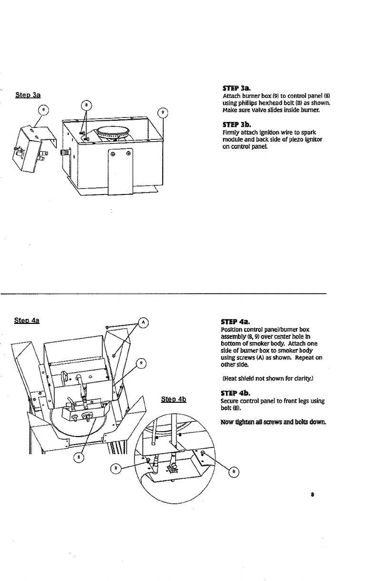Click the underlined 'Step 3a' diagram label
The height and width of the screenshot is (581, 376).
pos(29,95)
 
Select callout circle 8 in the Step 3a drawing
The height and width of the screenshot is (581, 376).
pos(43,108)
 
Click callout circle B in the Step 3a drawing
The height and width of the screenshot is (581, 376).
pos(86,105)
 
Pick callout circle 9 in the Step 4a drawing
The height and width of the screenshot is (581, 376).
pos(141,364)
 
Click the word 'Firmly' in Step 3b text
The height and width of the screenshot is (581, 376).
pos(229,132)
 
